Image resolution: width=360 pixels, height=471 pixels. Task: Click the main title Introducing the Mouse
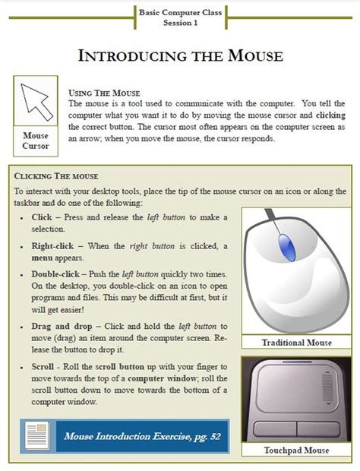(180, 55)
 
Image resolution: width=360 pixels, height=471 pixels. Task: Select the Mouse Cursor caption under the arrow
(35, 141)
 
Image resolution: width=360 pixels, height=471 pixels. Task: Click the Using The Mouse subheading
(104, 92)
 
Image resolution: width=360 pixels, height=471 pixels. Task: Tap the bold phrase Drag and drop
(62, 324)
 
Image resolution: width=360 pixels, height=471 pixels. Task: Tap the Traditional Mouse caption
(296, 343)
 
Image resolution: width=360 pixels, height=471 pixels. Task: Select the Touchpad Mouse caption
(296, 450)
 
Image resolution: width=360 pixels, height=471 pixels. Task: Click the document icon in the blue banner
(36, 436)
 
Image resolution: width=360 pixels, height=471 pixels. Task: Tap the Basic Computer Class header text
(180, 13)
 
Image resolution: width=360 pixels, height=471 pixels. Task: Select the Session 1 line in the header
(180, 23)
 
